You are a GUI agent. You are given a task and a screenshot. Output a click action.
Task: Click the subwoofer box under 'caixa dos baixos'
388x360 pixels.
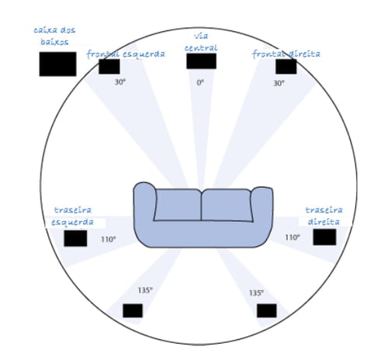pos(57,64)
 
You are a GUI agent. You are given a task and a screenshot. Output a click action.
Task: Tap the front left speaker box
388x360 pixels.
pos(109,67)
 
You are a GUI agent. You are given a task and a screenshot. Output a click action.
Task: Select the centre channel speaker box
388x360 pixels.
pos(201,61)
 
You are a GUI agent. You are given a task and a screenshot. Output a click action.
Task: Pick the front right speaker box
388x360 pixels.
pos(286,67)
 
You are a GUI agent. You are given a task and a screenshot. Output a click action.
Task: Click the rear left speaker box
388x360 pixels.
pos(75,238)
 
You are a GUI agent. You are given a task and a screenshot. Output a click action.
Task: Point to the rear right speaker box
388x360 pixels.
pos(324,237)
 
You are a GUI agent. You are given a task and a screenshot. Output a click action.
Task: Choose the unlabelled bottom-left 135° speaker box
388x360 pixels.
pos(133,310)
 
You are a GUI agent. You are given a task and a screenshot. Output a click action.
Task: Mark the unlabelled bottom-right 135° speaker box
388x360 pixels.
pos(267,310)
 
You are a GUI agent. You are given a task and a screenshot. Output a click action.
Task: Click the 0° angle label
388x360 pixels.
pos(200,83)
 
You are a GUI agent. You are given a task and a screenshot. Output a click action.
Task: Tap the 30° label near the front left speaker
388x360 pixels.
pos(120,82)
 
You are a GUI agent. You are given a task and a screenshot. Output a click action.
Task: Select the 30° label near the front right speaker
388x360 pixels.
pos(279,83)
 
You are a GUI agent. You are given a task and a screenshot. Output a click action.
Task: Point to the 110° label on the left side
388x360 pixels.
pos(109,239)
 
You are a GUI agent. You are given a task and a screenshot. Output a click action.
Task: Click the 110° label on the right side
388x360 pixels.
pos(293,237)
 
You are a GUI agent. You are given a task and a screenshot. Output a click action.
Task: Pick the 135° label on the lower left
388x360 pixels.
pos(145,290)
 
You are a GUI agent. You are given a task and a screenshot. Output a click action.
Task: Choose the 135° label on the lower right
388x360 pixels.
pos(256,292)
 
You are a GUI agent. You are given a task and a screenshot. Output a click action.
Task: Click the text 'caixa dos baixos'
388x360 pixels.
pos(54,36)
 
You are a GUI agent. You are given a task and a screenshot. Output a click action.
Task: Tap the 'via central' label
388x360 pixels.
pos(201,42)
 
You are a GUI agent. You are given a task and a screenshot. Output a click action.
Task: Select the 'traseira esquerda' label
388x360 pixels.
pos(72,216)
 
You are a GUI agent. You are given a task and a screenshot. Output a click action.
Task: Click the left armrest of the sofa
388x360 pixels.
pos(144,204)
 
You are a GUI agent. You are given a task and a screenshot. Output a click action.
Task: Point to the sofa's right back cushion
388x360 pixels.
pos(227,206)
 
